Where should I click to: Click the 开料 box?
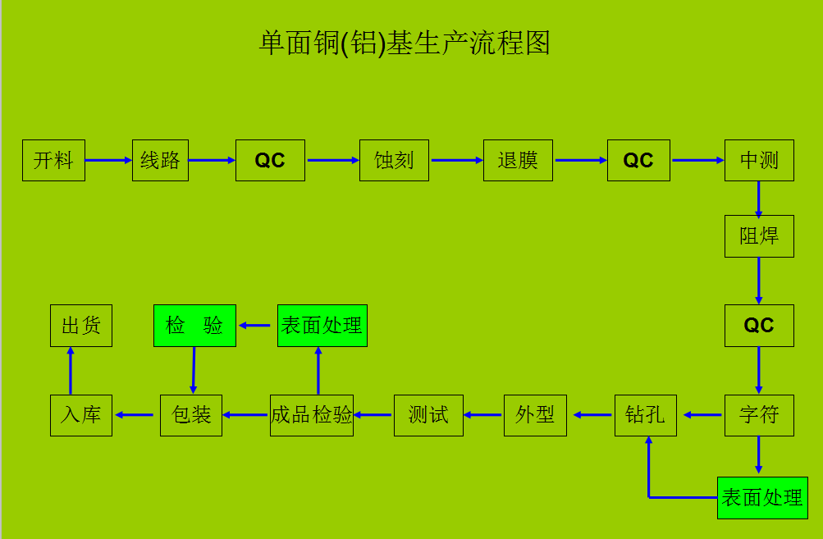coord(53,160)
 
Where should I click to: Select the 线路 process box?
coord(161,160)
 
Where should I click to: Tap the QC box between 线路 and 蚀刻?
coord(270,160)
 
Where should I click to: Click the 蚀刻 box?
coord(394,160)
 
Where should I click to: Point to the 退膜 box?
coord(518,160)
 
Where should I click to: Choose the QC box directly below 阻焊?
coord(759,326)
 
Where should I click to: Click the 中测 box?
coord(759,160)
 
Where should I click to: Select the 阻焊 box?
coord(759,236)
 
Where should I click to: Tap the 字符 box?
coord(759,414)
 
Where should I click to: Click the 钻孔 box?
coord(645,414)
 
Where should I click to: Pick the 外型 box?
coord(535,414)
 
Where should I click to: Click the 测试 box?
coord(428,414)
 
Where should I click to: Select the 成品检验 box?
coord(312,414)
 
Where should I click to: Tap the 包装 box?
coord(191,414)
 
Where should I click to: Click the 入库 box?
coord(80,414)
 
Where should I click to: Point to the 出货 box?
coord(80,326)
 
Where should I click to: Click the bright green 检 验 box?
coord(194,326)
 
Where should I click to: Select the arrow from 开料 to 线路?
coord(108,160)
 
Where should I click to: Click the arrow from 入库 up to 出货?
coord(71,370)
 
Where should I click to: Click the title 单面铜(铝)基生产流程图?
coord(405,43)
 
